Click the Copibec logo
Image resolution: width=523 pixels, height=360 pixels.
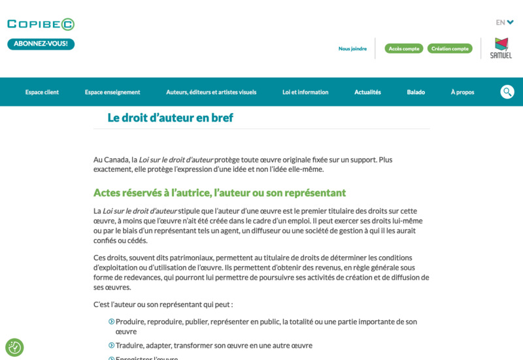click(41, 24)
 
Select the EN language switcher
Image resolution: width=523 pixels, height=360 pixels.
click(504, 22)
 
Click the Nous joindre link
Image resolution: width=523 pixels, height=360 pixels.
click(352, 48)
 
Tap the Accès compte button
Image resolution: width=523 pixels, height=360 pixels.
click(403, 48)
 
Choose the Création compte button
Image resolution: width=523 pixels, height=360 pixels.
click(450, 48)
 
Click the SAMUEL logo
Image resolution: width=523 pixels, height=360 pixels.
click(501, 48)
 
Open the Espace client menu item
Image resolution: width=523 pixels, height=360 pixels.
click(42, 92)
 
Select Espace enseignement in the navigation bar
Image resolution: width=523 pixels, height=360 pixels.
click(112, 92)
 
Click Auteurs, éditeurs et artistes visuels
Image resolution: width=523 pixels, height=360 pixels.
click(211, 92)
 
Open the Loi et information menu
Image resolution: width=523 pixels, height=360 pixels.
click(305, 92)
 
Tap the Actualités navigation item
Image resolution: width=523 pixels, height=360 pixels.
click(367, 92)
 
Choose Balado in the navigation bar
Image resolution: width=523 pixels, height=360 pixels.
click(416, 92)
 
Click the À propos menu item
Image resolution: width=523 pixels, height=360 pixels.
click(462, 92)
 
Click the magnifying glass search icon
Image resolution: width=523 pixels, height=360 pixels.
click(507, 92)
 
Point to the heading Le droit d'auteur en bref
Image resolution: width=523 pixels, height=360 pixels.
click(170, 118)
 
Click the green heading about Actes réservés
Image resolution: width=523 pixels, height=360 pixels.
click(219, 193)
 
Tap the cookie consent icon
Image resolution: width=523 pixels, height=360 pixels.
click(14, 347)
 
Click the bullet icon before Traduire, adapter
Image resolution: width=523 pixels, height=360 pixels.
click(111, 345)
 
